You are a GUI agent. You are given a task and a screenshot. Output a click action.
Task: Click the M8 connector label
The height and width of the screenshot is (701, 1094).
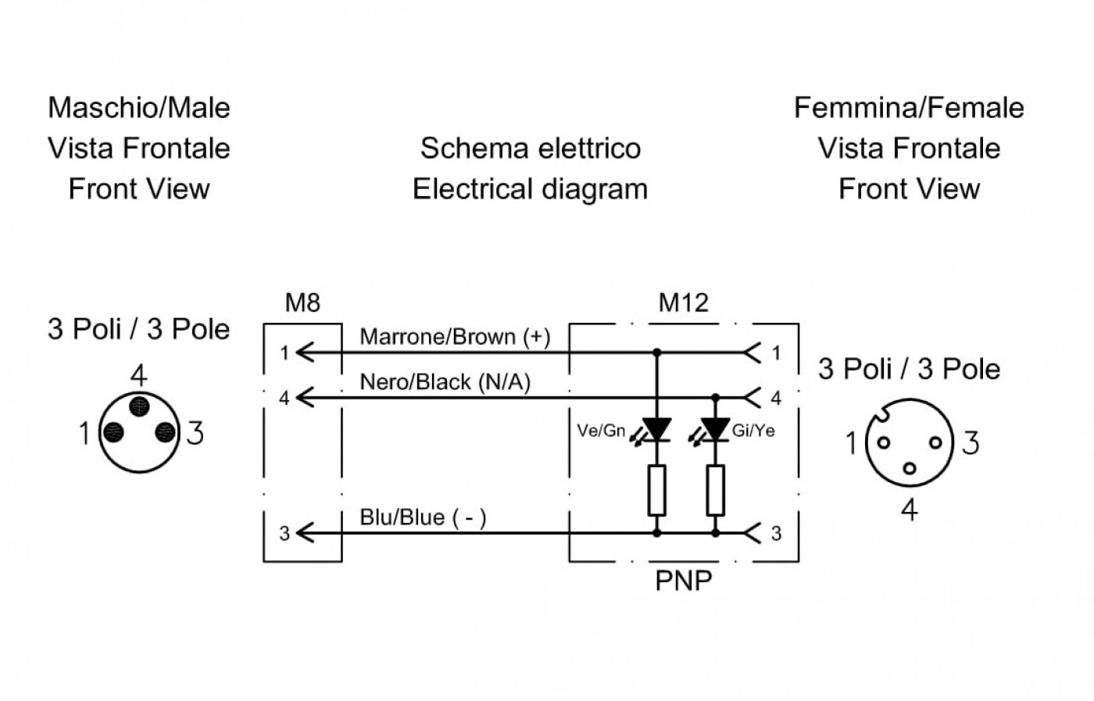point(302,302)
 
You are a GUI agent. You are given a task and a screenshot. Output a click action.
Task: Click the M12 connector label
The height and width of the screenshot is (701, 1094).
point(683,302)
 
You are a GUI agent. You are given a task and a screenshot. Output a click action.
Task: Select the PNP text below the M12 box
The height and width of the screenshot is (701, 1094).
point(683,581)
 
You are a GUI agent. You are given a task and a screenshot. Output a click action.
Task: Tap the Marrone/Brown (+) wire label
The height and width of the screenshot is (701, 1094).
point(455,337)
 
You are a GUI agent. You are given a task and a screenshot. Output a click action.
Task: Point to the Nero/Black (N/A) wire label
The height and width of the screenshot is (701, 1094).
point(445,381)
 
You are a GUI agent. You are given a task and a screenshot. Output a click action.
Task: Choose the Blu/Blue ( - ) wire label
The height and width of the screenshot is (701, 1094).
point(423,517)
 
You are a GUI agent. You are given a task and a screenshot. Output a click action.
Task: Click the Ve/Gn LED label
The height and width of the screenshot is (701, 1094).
point(601,431)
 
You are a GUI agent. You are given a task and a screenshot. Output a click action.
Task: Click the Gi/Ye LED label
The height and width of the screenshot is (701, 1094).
point(753,431)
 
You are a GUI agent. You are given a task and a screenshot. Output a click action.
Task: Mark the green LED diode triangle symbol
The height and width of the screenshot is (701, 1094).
point(656,429)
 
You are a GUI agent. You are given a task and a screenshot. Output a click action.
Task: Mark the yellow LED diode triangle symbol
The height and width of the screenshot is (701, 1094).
point(715,429)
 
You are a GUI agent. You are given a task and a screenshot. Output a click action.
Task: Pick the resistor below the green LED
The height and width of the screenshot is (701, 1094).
point(656,491)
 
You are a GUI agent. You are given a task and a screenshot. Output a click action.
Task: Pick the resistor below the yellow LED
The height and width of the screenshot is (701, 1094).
point(715,491)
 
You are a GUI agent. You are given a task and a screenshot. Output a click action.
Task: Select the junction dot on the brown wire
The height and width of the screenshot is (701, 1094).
point(656,352)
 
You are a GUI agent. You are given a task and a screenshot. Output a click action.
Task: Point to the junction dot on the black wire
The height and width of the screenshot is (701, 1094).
point(715,398)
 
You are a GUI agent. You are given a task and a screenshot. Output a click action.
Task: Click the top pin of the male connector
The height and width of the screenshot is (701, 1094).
point(139,406)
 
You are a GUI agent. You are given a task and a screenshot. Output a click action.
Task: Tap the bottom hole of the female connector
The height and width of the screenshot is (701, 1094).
point(909,468)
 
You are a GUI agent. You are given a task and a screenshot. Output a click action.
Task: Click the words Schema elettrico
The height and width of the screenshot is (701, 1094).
point(531,148)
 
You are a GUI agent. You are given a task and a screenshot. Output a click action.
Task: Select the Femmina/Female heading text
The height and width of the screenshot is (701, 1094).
point(909,108)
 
